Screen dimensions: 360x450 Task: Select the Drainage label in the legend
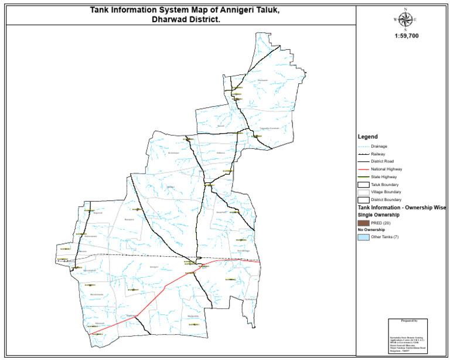click(x=380, y=145)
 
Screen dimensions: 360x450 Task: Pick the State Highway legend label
click(x=384, y=176)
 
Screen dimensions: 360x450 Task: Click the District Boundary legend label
click(x=387, y=200)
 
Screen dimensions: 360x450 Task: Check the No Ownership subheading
click(x=374, y=230)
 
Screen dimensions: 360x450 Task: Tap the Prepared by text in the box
click(x=408, y=321)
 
